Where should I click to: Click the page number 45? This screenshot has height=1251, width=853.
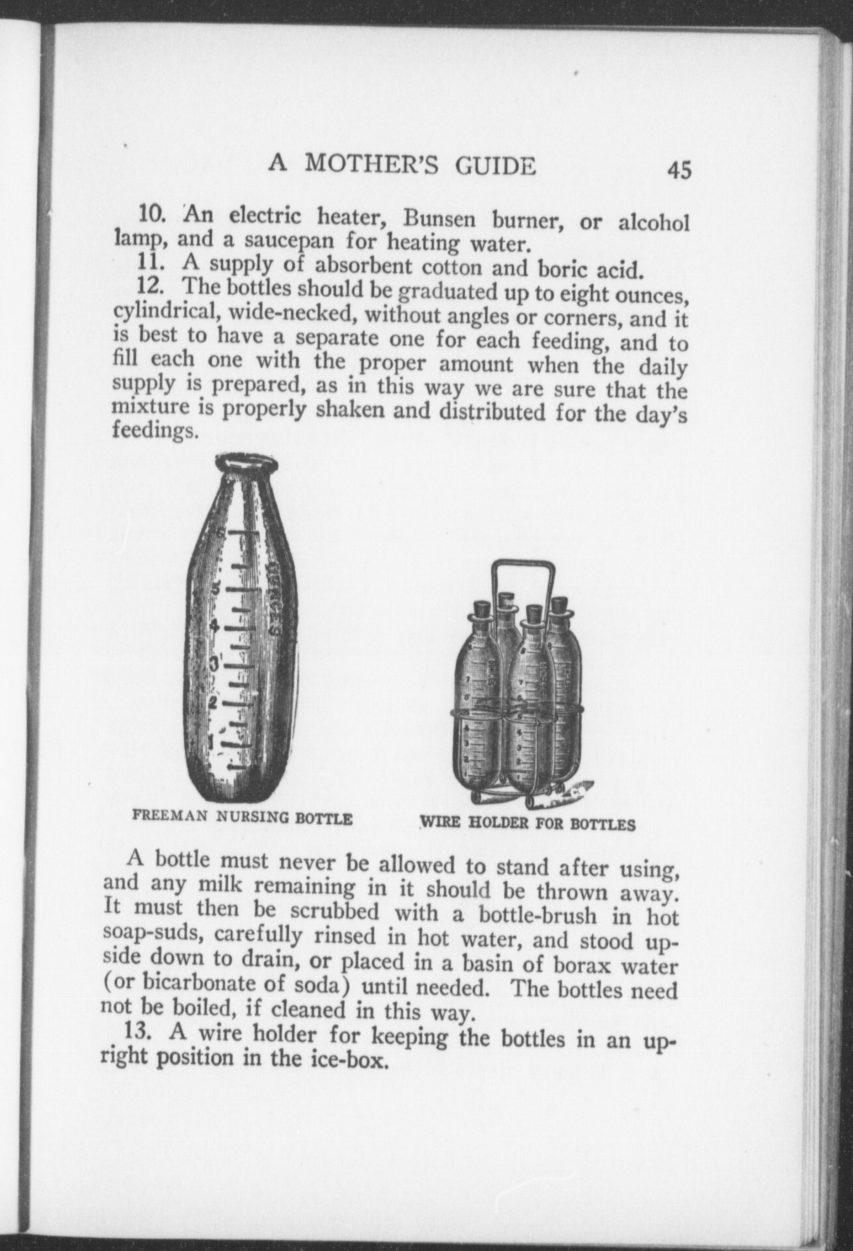pos(680,171)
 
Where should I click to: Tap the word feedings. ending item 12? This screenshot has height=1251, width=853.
pos(154,431)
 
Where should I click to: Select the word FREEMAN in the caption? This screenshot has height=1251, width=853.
pos(169,816)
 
